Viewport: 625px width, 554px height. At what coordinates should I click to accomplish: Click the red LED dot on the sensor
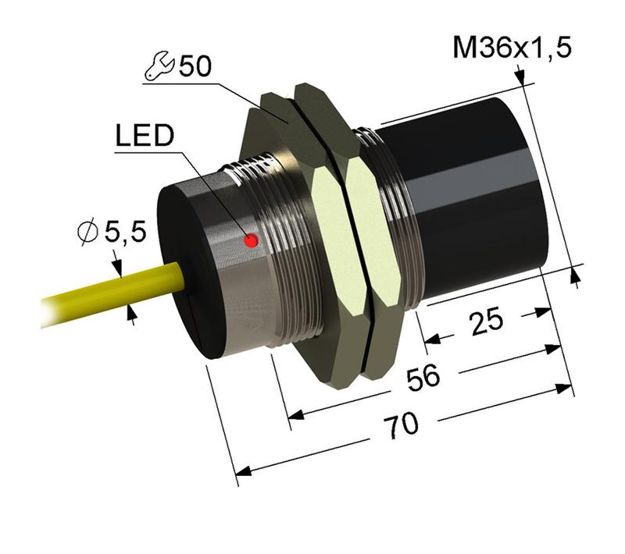tap(251, 241)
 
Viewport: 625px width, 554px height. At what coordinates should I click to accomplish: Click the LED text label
tap(143, 137)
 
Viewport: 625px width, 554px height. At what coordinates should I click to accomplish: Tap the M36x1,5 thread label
tap(512, 48)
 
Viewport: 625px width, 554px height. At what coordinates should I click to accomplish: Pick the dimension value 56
tap(423, 378)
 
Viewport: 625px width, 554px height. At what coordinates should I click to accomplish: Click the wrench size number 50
tap(195, 66)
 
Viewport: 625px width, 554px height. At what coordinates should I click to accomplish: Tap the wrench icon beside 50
tap(160, 69)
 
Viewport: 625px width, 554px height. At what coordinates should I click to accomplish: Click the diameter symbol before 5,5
tap(89, 232)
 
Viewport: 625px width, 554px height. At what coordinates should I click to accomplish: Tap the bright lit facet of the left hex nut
tap(324, 218)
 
